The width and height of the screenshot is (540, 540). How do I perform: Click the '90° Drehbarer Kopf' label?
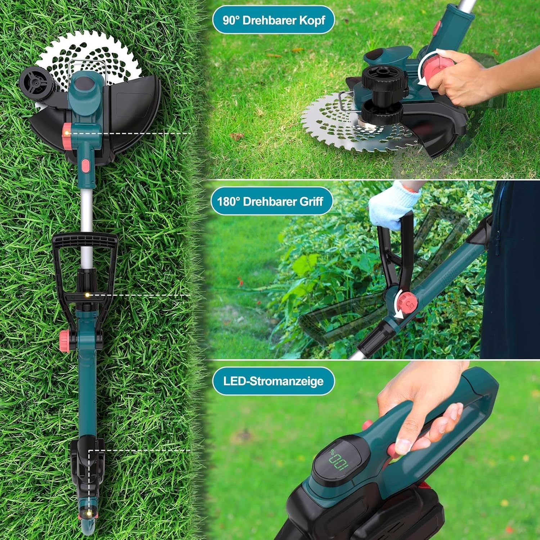point(273,20)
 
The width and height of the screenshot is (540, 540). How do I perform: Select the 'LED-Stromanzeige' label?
point(273,381)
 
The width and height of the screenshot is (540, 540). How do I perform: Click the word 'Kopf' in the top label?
point(311,20)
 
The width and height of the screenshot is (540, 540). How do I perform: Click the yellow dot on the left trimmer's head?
point(66,133)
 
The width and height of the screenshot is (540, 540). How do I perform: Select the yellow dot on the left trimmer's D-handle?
point(87,295)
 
